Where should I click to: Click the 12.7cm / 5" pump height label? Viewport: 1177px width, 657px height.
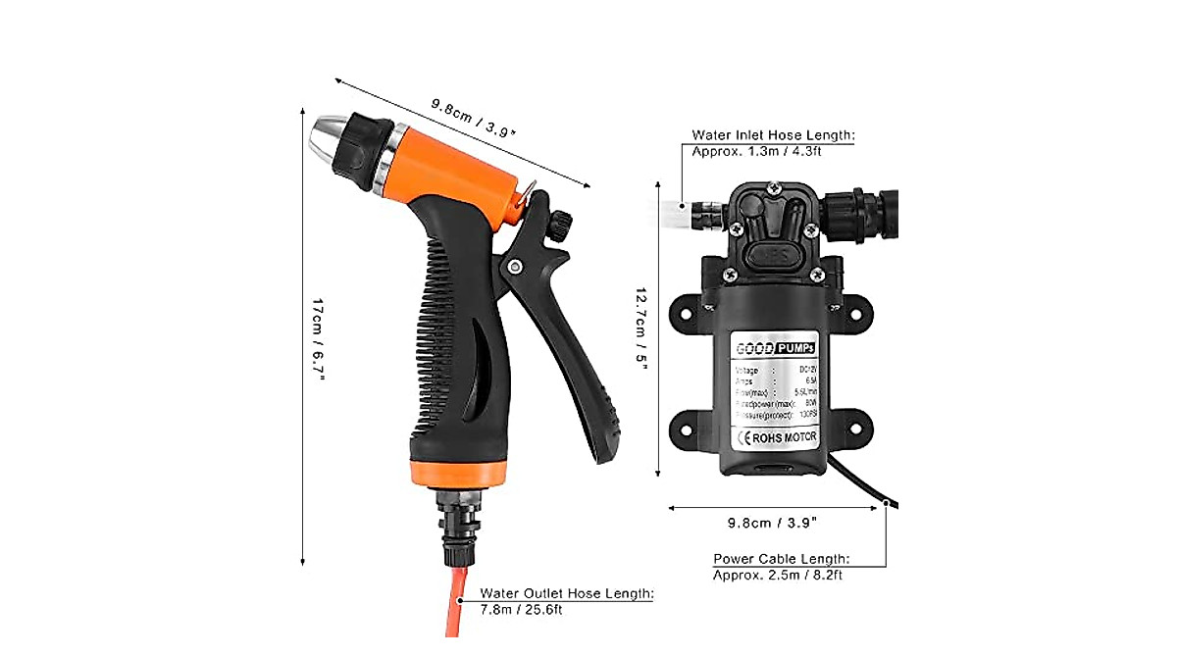click(x=641, y=323)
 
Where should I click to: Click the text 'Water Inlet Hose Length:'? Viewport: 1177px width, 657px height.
click(x=773, y=135)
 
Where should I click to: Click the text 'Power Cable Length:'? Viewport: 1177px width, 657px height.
click(x=781, y=559)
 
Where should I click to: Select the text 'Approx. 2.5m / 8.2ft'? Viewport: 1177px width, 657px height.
click(x=777, y=575)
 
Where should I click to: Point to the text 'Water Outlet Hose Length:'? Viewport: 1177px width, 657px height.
click(x=566, y=593)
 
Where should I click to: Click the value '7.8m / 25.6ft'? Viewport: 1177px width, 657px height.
click(x=520, y=609)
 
